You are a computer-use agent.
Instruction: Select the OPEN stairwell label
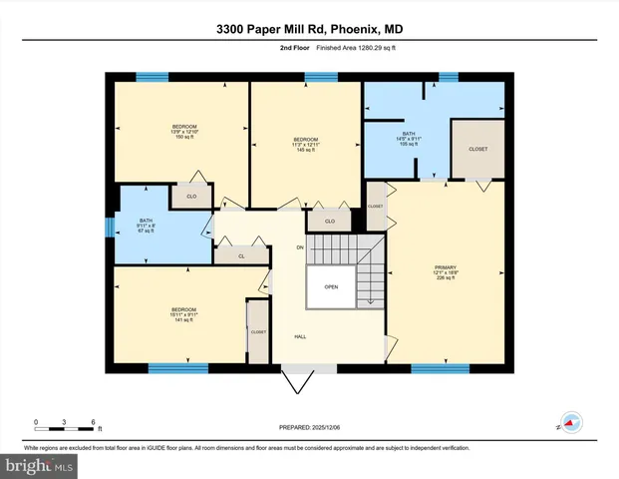(x=330, y=287)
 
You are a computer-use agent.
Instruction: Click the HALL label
(x=299, y=336)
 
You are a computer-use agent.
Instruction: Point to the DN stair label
(x=299, y=246)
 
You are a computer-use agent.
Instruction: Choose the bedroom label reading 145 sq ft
(x=305, y=144)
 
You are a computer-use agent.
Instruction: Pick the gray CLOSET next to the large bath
(x=477, y=149)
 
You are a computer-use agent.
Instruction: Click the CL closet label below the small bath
(x=241, y=256)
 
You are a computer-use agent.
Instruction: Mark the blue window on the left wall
(x=110, y=228)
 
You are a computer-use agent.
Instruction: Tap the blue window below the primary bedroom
(x=440, y=368)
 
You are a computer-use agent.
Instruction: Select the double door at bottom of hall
(x=298, y=380)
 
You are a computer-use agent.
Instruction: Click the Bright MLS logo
(x=40, y=464)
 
